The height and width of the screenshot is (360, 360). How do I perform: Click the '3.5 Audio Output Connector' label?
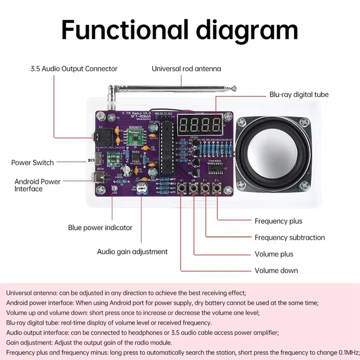click(74, 69)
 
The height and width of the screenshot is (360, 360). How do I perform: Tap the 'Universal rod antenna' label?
click(186, 69)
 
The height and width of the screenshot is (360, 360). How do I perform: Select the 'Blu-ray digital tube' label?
click(299, 94)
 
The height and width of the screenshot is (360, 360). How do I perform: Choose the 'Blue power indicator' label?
click(100, 228)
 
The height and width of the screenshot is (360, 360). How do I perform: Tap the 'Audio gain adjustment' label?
click(132, 252)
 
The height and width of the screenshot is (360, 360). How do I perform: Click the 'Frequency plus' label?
click(279, 221)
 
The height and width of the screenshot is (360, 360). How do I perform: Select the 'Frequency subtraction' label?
click(290, 237)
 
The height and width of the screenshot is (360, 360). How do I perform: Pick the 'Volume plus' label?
click(274, 254)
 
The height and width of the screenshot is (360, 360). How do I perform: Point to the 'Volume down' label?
click(276, 270)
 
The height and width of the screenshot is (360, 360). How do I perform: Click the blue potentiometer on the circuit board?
click(142, 188)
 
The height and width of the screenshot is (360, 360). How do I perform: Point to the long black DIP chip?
click(166, 147)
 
